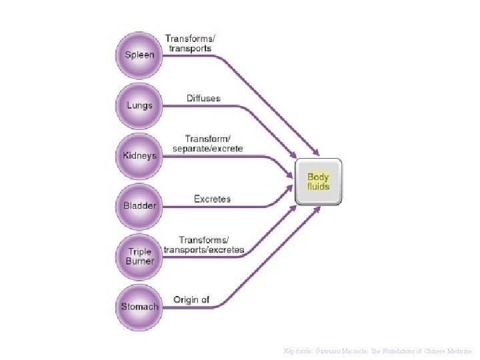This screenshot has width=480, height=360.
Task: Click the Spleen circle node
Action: pyautogui.click(x=139, y=55)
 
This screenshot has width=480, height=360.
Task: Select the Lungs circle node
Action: pyautogui.click(x=139, y=105)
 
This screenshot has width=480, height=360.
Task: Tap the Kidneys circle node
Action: pyautogui.click(x=139, y=155)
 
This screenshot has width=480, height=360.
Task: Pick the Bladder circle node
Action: pyautogui.click(x=139, y=205)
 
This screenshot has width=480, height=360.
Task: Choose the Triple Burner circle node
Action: pyautogui.click(x=139, y=256)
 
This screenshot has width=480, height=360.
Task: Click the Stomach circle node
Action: pyautogui.click(x=139, y=307)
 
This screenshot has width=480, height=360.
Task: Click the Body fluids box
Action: pyautogui.click(x=319, y=181)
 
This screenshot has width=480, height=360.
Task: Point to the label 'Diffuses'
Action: pyautogui.click(x=203, y=98)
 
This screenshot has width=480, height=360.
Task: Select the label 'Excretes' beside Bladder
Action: pyautogui.click(x=212, y=199)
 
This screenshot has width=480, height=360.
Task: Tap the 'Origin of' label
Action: pyautogui.click(x=191, y=299)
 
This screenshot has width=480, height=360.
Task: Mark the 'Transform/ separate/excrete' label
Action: pyautogui.click(x=207, y=143)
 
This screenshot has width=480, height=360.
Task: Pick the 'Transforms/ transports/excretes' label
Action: pyautogui.click(x=204, y=245)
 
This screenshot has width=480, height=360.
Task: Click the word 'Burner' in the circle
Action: pyautogui.click(x=139, y=261)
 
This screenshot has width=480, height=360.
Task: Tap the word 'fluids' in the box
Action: pyautogui.click(x=319, y=187)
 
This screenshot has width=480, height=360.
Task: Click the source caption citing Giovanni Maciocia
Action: pyautogui.click(x=378, y=351)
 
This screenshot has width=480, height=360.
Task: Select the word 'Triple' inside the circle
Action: pyautogui.click(x=139, y=251)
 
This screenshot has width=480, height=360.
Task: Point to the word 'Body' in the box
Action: pyautogui.click(x=319, y=177)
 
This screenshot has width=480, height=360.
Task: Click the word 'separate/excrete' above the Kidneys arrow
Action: pyautogui.click(x=207, y=148)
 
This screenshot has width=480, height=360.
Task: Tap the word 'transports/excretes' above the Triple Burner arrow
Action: pyautogui.click(x=204, y=250)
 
